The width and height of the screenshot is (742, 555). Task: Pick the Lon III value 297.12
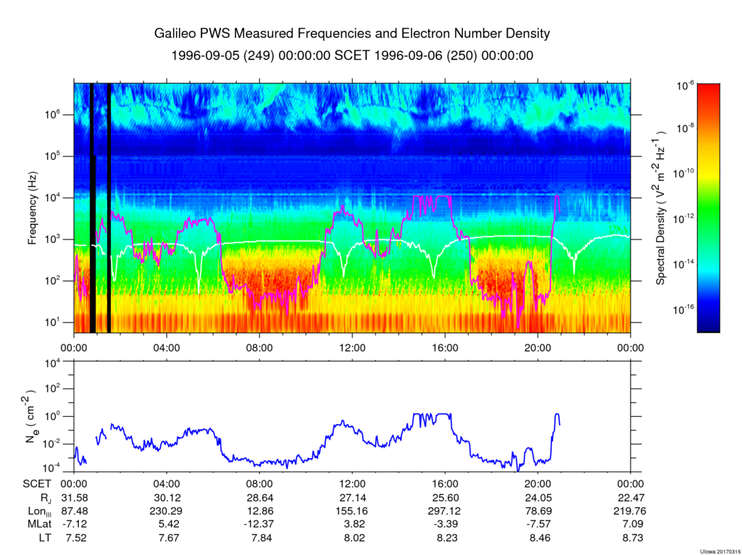(x=445, y=511)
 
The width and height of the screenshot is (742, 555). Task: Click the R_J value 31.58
(x=74, y=498)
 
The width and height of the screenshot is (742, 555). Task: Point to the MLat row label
(x=35, y=524)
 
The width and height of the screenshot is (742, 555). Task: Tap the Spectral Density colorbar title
(x=661, y=208)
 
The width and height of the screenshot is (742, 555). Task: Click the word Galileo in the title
(x=177, y=34)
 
